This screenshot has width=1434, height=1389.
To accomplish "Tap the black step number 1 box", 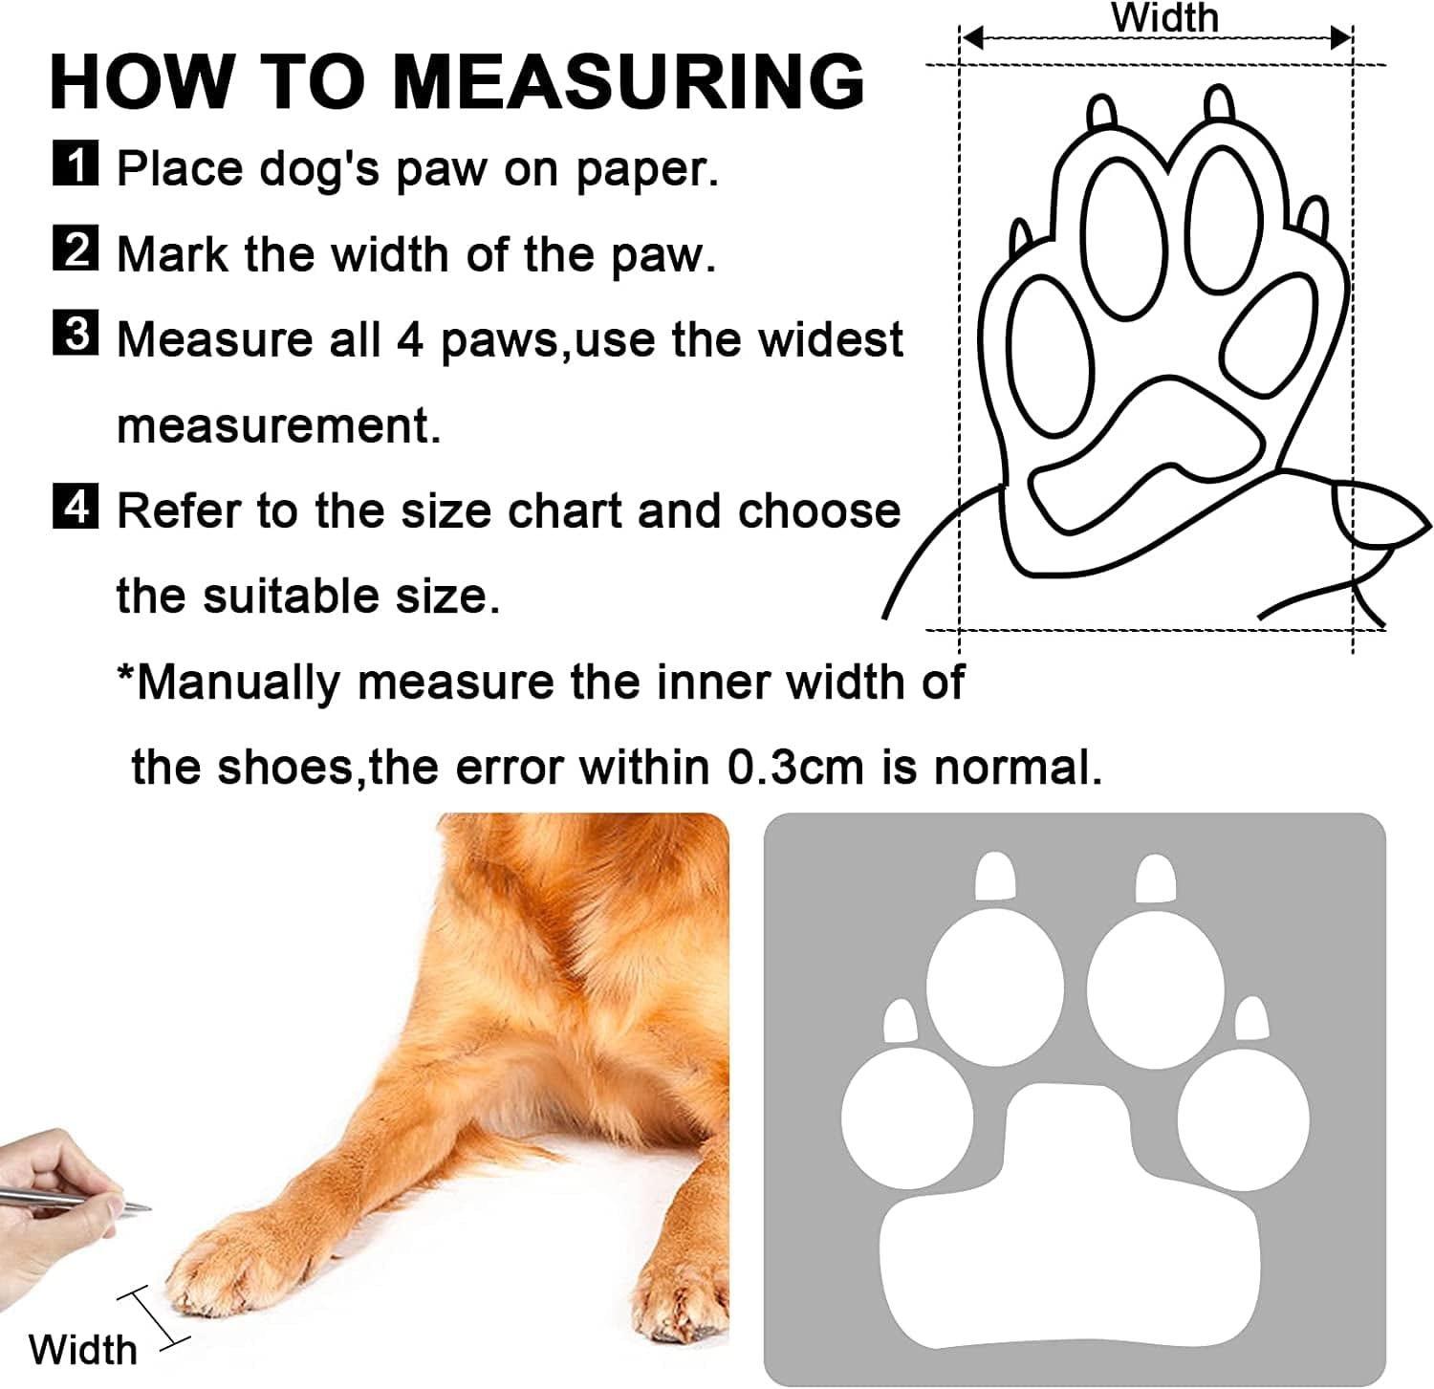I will click(x=75, y=163).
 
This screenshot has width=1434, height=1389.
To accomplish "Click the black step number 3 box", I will click(x=75, y=334).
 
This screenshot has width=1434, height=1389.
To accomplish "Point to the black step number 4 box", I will click(x=75, y=506).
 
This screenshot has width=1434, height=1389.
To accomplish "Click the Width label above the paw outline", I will click(x=1163, y=18).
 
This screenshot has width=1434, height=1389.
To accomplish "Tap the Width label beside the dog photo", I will click(x=82, y=1350).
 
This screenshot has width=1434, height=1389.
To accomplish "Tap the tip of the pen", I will click(x=148, y=1207).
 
